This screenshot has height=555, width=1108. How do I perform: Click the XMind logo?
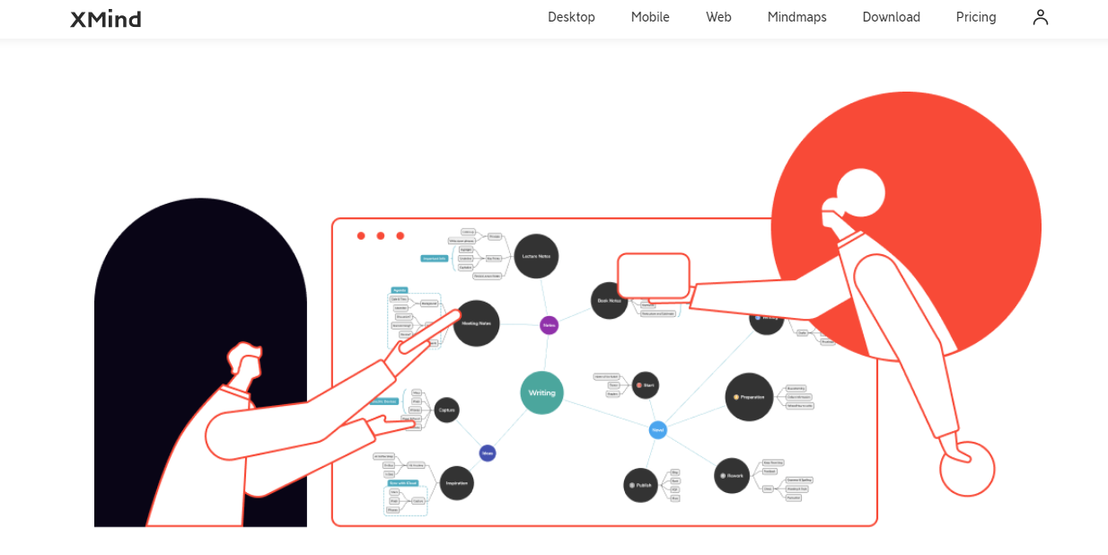coord(106,18)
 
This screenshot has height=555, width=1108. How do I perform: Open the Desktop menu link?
coord(571,17)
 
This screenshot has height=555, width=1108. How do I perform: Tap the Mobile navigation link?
coord(650,17)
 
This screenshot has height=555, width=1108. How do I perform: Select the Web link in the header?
coord(718,17)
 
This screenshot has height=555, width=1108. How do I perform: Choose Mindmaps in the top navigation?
coord(796,17)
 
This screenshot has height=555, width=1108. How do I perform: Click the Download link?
coord(891,17)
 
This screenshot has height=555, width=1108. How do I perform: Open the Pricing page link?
coord(976,17)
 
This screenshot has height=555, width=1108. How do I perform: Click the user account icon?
coord(1041,17)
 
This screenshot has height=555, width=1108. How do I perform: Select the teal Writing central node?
coord(541,392)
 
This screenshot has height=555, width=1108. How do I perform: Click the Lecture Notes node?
coord(536,256)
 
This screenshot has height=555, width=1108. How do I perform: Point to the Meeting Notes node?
coord(477,323)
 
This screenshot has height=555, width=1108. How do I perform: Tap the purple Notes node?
coord(549,325)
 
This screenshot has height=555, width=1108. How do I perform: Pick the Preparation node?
coord(749,397)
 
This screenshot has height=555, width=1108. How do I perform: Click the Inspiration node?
coord(457,483)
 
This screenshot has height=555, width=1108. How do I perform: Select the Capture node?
coord(446,410)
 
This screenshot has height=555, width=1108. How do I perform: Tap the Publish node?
coord(641,485)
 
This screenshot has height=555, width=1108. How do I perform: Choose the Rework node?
coord(732,475)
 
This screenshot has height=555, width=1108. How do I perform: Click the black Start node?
coord(646,385)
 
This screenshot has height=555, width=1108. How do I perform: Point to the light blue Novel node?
coord(658,430)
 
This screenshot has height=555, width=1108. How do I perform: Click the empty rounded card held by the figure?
coord(654,276)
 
